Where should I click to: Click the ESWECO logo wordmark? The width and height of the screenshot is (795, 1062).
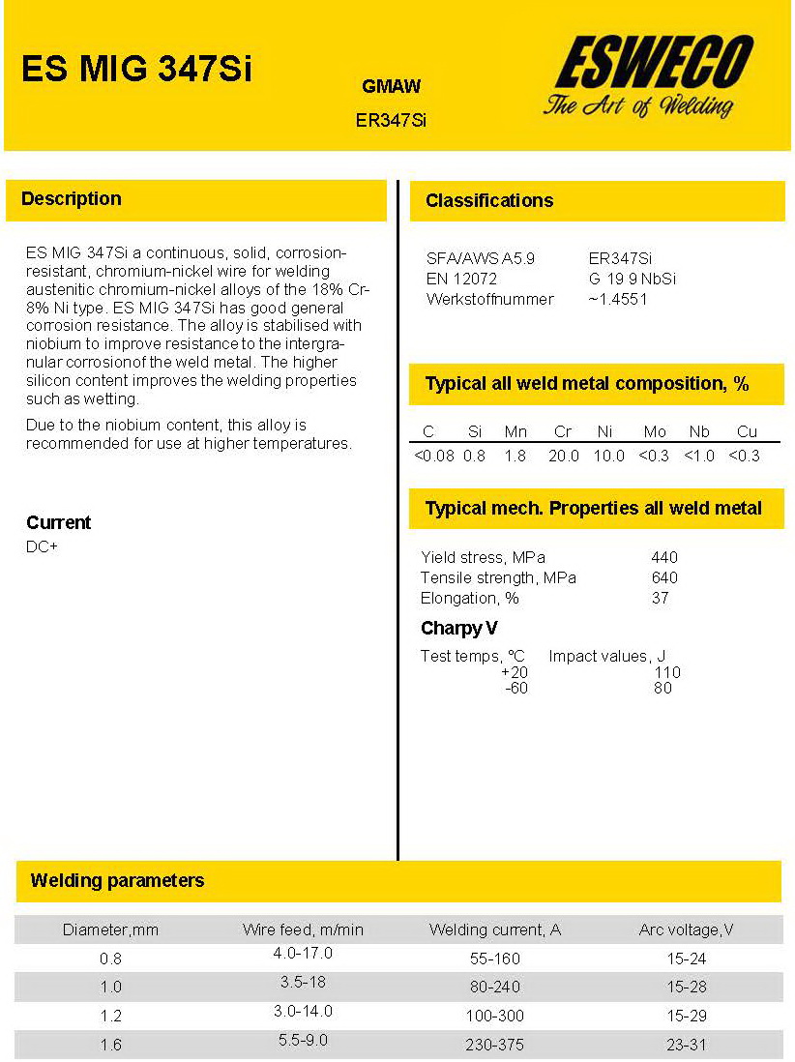coord(654,64)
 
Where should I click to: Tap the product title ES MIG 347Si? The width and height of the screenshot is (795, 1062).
coord(136,69)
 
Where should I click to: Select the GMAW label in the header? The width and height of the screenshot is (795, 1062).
coord(391,87)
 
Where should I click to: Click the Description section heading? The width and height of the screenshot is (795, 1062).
coord(72,199)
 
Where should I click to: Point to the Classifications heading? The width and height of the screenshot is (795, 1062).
coord(489,201)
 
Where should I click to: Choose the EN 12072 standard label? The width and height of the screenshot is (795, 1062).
coord(461,279)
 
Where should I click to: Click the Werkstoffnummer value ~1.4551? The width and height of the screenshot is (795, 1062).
coord(618,299)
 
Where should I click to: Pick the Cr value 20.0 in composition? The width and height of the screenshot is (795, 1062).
coord(564,456)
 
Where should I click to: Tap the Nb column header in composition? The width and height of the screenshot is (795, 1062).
coord(699,431)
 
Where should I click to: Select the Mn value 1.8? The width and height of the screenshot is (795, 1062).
coord(515,456)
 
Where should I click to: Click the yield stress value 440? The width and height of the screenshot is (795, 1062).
coord(664,557)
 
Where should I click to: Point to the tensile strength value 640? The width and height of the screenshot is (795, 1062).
coord(664,577)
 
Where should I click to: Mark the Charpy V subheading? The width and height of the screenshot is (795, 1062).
coord(459,629)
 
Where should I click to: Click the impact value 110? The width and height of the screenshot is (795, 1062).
coord(667,672)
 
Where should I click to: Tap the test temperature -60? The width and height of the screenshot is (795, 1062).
coord(516,689)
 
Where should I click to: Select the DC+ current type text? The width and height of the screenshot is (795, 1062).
coord(42,547)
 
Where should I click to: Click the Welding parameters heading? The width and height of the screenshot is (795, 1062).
coord(117,881)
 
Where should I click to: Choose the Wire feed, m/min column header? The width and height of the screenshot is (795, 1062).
coord(303,930)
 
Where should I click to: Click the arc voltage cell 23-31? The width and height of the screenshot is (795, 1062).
coord(686,1045)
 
